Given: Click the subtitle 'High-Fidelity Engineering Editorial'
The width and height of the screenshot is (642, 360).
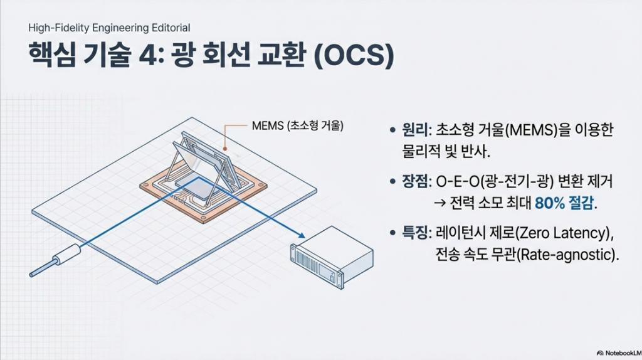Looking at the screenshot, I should [x=109, y=28].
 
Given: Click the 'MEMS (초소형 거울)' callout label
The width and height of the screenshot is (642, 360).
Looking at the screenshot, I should [x=297, y=125].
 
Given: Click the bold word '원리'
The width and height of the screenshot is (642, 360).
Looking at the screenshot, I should [x=414, y=130].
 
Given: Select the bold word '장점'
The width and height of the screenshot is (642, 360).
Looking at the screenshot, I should [x=414, y=182].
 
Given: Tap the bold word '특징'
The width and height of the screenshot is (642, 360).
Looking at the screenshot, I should [x=414, y=234].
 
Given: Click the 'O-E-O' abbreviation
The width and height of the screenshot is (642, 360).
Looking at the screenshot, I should [x=457, y=182].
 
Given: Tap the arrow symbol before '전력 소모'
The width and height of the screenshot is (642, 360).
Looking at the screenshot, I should [x=441, y=203].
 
